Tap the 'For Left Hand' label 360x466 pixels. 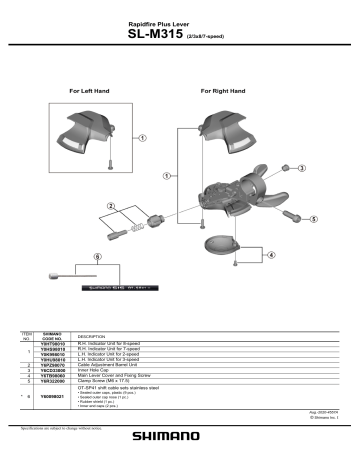(x=89, y=91)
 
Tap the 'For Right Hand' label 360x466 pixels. (x=222, y=91)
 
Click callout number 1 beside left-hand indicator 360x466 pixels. (x=141, y=138)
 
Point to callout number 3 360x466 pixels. (x=300, y=169)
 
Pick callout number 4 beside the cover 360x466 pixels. (x=272, y=255)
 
